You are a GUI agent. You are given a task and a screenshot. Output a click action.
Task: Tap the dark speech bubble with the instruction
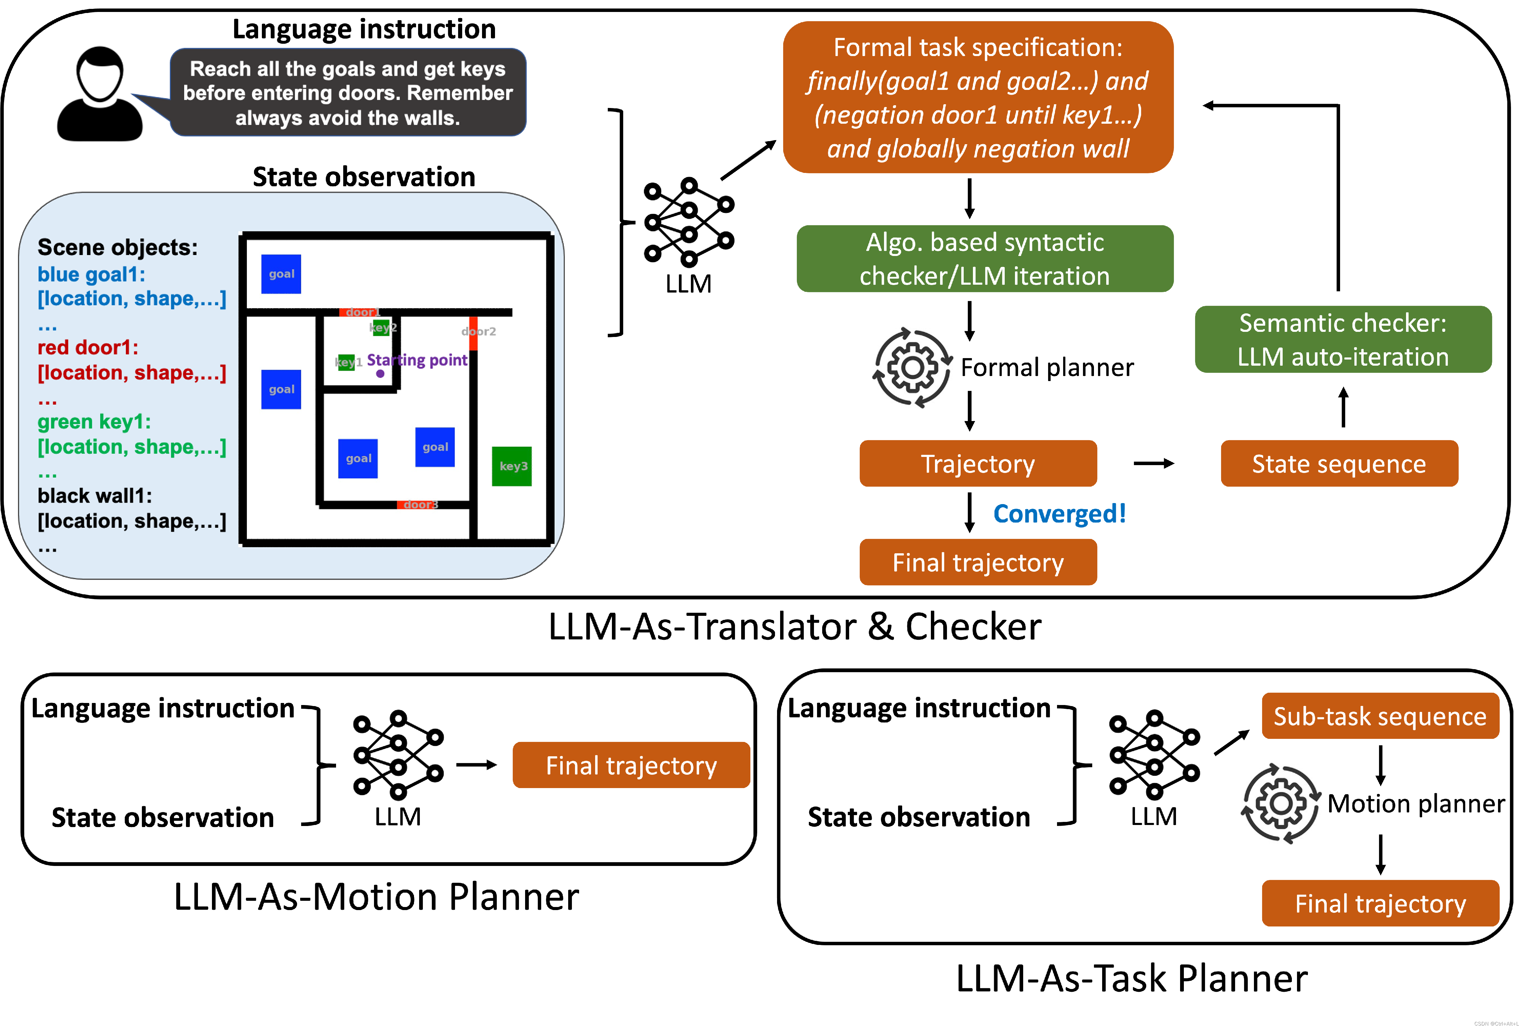[348, 92]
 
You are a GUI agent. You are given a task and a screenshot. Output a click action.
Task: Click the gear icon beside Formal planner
[912, 368]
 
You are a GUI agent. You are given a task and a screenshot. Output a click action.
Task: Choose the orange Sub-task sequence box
[1380, 716]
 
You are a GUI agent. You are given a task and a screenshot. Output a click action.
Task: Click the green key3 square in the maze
[511, 466]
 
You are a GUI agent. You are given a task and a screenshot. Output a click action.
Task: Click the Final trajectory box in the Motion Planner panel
[631, 765]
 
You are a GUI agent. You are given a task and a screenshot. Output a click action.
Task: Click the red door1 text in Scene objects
[87, 347]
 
